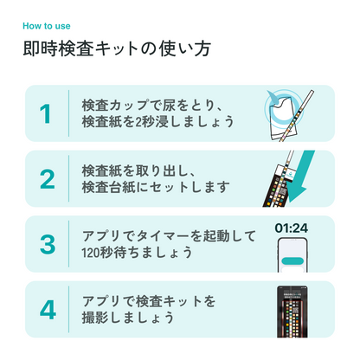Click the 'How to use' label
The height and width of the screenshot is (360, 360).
pos(47,24)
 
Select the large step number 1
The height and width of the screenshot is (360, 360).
pos(45,113)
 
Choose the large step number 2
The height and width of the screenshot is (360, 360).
pos(46,178)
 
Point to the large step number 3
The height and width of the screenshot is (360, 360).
pos(46,243)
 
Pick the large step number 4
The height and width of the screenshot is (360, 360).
pos(46,309)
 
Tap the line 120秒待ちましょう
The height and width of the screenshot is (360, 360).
pos(137,254)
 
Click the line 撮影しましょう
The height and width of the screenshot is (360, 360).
pos(127,318)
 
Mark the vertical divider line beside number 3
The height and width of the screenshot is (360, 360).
pos(68,243)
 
